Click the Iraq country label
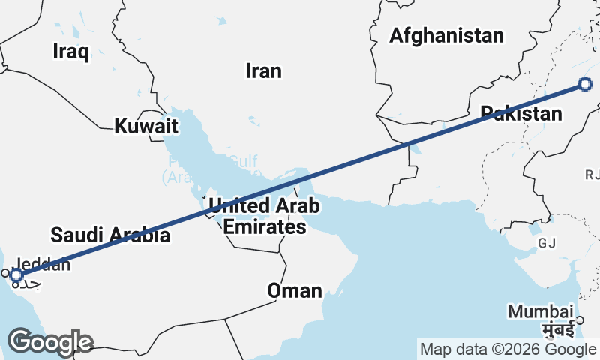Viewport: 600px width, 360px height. pos(71,52)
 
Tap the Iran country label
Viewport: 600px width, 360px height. pos(263,71)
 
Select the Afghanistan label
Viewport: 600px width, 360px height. pos(446,35)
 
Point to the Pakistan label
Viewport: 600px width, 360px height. pos(521,114)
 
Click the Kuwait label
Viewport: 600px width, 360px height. pos(146,127)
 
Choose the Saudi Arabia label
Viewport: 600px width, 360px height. pos(109,235)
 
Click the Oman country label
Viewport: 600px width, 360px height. pos(295,291)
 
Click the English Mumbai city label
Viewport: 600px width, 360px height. pos(540,310)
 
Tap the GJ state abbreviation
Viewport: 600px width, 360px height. pos(547,243)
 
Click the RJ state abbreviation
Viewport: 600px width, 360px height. pos(592,175)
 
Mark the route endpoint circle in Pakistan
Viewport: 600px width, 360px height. pos(586,85)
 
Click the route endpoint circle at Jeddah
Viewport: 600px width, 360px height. pos(16,276)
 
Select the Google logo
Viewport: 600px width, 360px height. pos(51,342)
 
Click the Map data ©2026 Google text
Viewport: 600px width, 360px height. pos(508,349)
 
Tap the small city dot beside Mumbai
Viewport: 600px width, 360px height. pos(579,321)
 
